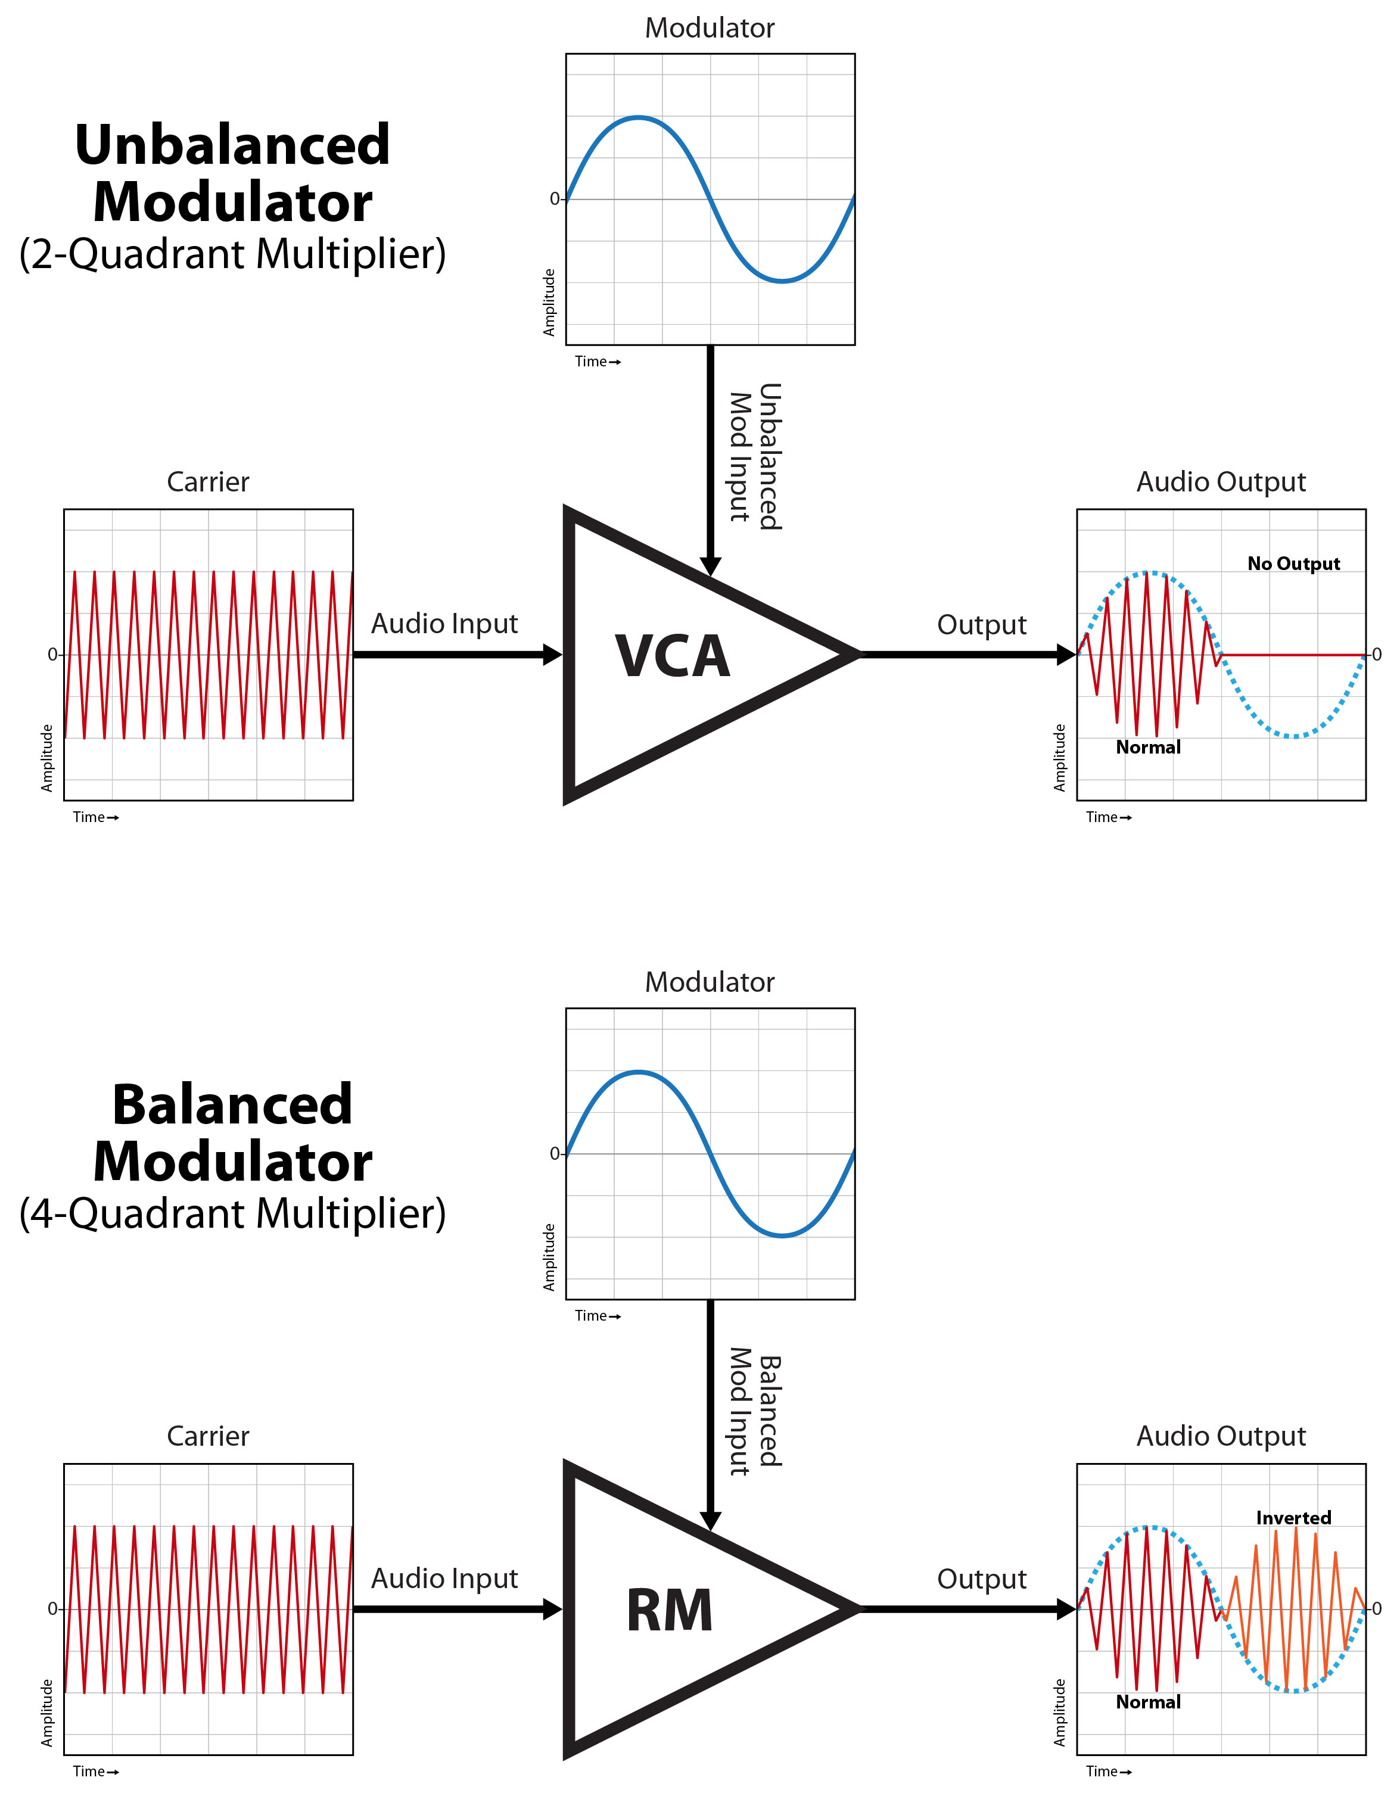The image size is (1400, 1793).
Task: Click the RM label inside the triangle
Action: click(x=669, y=1611)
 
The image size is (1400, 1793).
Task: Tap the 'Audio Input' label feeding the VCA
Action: click(x=444, y=624)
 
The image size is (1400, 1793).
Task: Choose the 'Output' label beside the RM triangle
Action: click(x=981, y=1579)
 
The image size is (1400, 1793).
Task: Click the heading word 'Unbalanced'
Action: click(x=232, y=145)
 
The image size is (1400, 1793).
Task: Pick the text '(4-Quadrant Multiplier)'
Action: click(x=232, y=1213)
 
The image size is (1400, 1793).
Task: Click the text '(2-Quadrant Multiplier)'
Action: click(x=232, y=254)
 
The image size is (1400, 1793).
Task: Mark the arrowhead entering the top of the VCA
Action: click(x=710, y=566)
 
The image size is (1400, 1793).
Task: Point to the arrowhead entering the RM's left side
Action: click(x=553, y=1609)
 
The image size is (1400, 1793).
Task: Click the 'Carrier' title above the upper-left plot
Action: click(x=208, y=482)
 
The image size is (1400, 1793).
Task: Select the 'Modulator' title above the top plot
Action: click(x=710, y=28)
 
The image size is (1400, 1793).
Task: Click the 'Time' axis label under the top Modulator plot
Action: click(x=591, y=361)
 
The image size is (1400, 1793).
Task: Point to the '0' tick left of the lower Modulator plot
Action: click(x=554, y=1153)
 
